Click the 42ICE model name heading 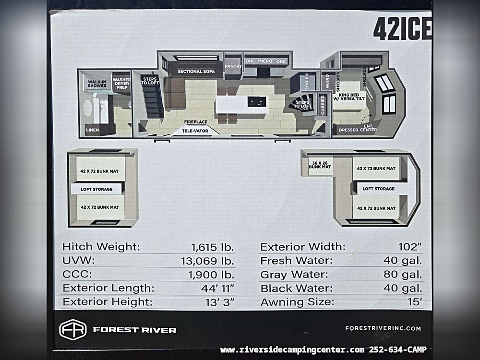pyautogui.click(x=402, y=29)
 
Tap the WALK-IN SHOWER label pyautogui.click(x=97, y=84)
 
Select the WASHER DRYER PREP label pyautogui.click(x=121, y=83)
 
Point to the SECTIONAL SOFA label pyautogui.click(x=196, y=72)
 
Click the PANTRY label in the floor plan pyautogui.click(x=233, y=66)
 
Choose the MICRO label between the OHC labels pyautogui.click(x=265, y=61)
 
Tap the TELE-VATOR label pyautogui.click(x=195, y=131)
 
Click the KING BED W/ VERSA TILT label pyautogui.click(x=349, y=97)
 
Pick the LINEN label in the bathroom pyautogui.click(x=93, y=130)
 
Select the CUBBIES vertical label pyautogui.click(x=323, y=105)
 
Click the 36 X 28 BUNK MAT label pyautogui.click(x=320, y=165)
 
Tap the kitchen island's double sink pyautogui.click(x=256, y=101)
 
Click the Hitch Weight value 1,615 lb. pyautogui.click(x=213, y=247)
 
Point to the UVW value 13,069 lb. pyautogui.click(x=207, y=261)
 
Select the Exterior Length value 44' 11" pyautogui.click(x=217, y=288)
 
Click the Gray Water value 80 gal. pyautogui.click(x=403, y=274)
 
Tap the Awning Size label pyautogui.click(x=297, y=302)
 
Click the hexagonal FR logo pyautogui.click(x=73, y=330)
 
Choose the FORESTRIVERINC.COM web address pyautogui.click(x=383, y=328)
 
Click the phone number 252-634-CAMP pyautogui.click(x=397, y=349)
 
